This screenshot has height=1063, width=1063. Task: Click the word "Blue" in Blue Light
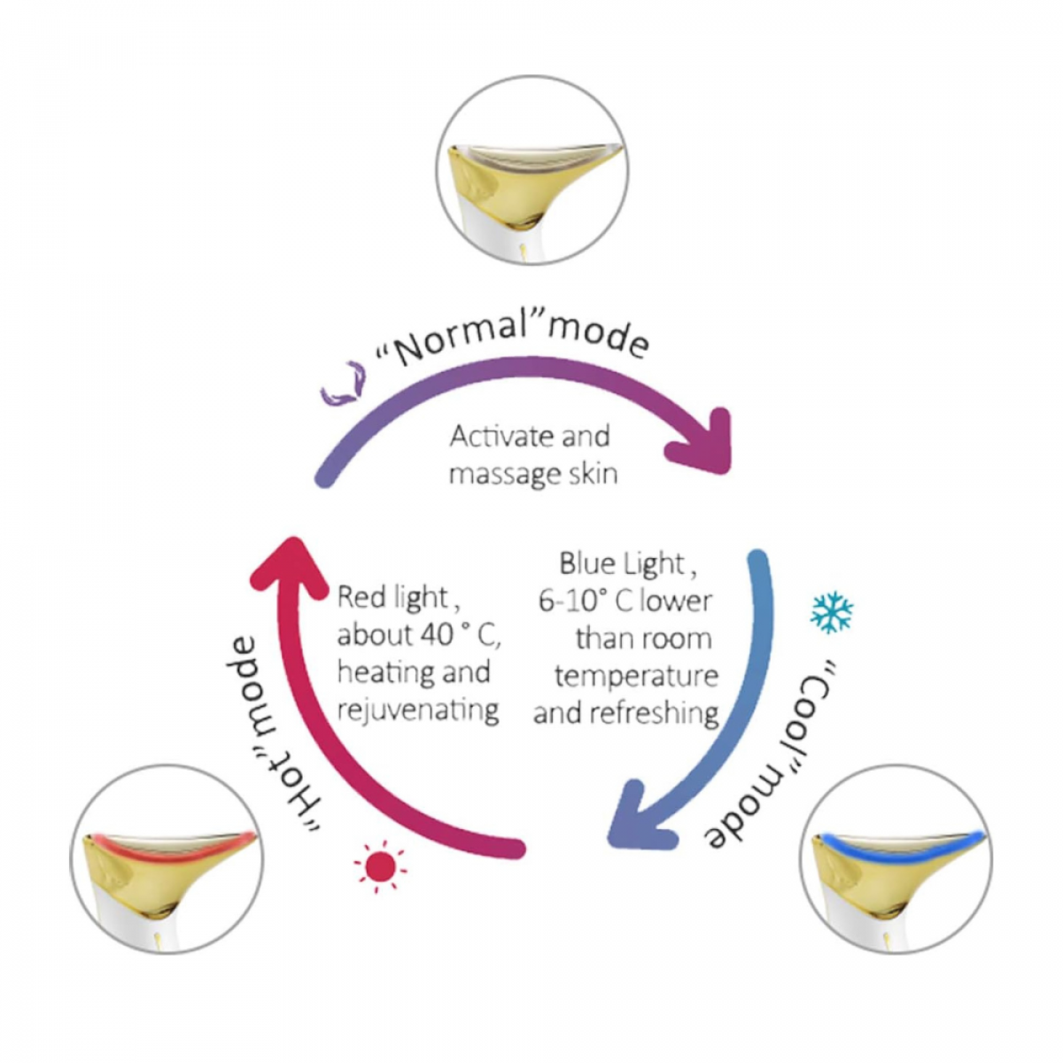(x=586, y=563)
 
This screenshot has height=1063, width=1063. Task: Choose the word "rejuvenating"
(x=417, y=710)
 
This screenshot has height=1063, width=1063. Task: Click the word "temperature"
(x=636, y=676)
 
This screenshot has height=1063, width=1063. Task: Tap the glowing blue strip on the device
(x=899, y=846)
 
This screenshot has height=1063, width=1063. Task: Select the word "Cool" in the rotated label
(x=816, y=700)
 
